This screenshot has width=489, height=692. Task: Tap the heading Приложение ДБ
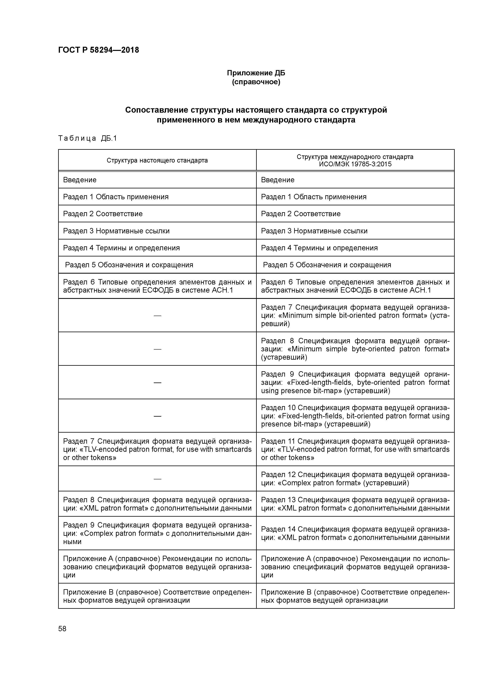tap(256, 73)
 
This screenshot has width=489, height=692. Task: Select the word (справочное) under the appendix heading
tap(256, 82)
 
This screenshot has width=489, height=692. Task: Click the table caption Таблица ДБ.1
tap(87, 138)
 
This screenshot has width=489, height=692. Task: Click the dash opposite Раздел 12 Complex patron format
tap(157, 479)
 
